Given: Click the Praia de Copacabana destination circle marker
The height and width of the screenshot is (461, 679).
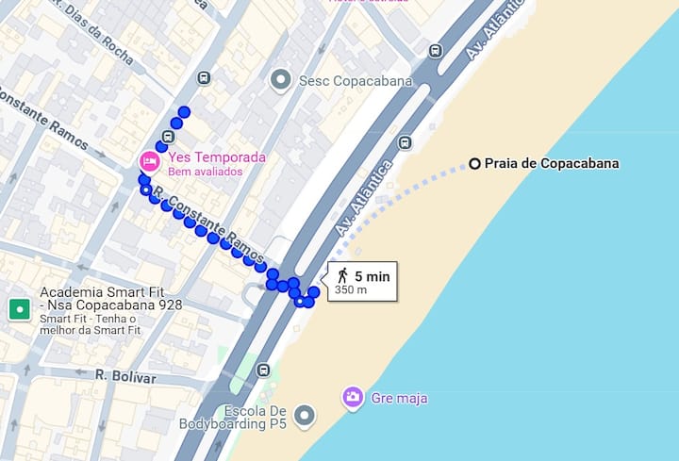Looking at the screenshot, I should [x=475, y=163].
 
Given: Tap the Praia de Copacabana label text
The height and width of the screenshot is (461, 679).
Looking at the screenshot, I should [x=552, y=163].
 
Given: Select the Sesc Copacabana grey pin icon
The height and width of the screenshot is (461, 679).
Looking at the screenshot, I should [x=279, y=80].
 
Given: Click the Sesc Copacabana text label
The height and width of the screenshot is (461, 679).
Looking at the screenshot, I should [x=356, y=81].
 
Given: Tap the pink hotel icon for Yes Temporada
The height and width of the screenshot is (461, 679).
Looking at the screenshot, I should [x=149, y=160].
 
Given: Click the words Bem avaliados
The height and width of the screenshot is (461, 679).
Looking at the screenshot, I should [x=205, y=173].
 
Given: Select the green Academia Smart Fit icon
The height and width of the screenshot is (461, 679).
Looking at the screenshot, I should [x=19, y=308].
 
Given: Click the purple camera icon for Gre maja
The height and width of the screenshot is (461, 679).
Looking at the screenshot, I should [x=353, y=397].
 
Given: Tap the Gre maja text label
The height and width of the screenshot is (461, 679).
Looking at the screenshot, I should [x=401, y=399].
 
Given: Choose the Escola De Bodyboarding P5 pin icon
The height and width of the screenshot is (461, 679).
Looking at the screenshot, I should [x=304, y=415].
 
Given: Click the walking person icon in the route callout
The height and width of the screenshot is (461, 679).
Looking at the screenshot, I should [x=341, y=275].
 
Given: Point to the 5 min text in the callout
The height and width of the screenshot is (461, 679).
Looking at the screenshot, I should [x=372, y=276].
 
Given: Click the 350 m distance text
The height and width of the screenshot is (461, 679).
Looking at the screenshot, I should [x=351, y=290].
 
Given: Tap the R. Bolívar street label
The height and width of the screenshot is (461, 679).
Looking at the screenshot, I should [x=124, y=376].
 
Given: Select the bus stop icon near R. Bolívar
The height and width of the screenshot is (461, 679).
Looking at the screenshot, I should [x=263, y=370].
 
